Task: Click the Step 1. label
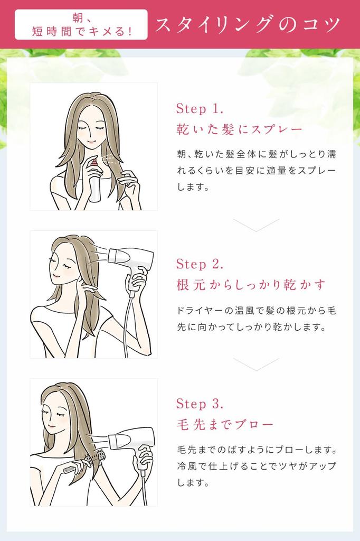click(x=200, y=109)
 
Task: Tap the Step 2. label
click(x=200, y=264)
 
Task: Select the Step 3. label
click(x=200, y=403)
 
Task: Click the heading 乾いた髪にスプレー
click(x=239, y=129)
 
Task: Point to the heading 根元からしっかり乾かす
click(x=251, y=285)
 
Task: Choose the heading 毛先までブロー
click(x=225, y=424)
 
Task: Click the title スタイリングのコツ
click(x=248, y=25)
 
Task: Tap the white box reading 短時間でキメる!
click(x=81, y=24)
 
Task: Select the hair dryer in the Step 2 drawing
click(x=132, y=267)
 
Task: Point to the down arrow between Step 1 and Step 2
click(x=256, y=225)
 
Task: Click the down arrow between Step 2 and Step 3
click(x=256, y=365)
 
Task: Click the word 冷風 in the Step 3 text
click(x=186, y=466)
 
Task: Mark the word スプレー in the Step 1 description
click(x=316, y=171)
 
